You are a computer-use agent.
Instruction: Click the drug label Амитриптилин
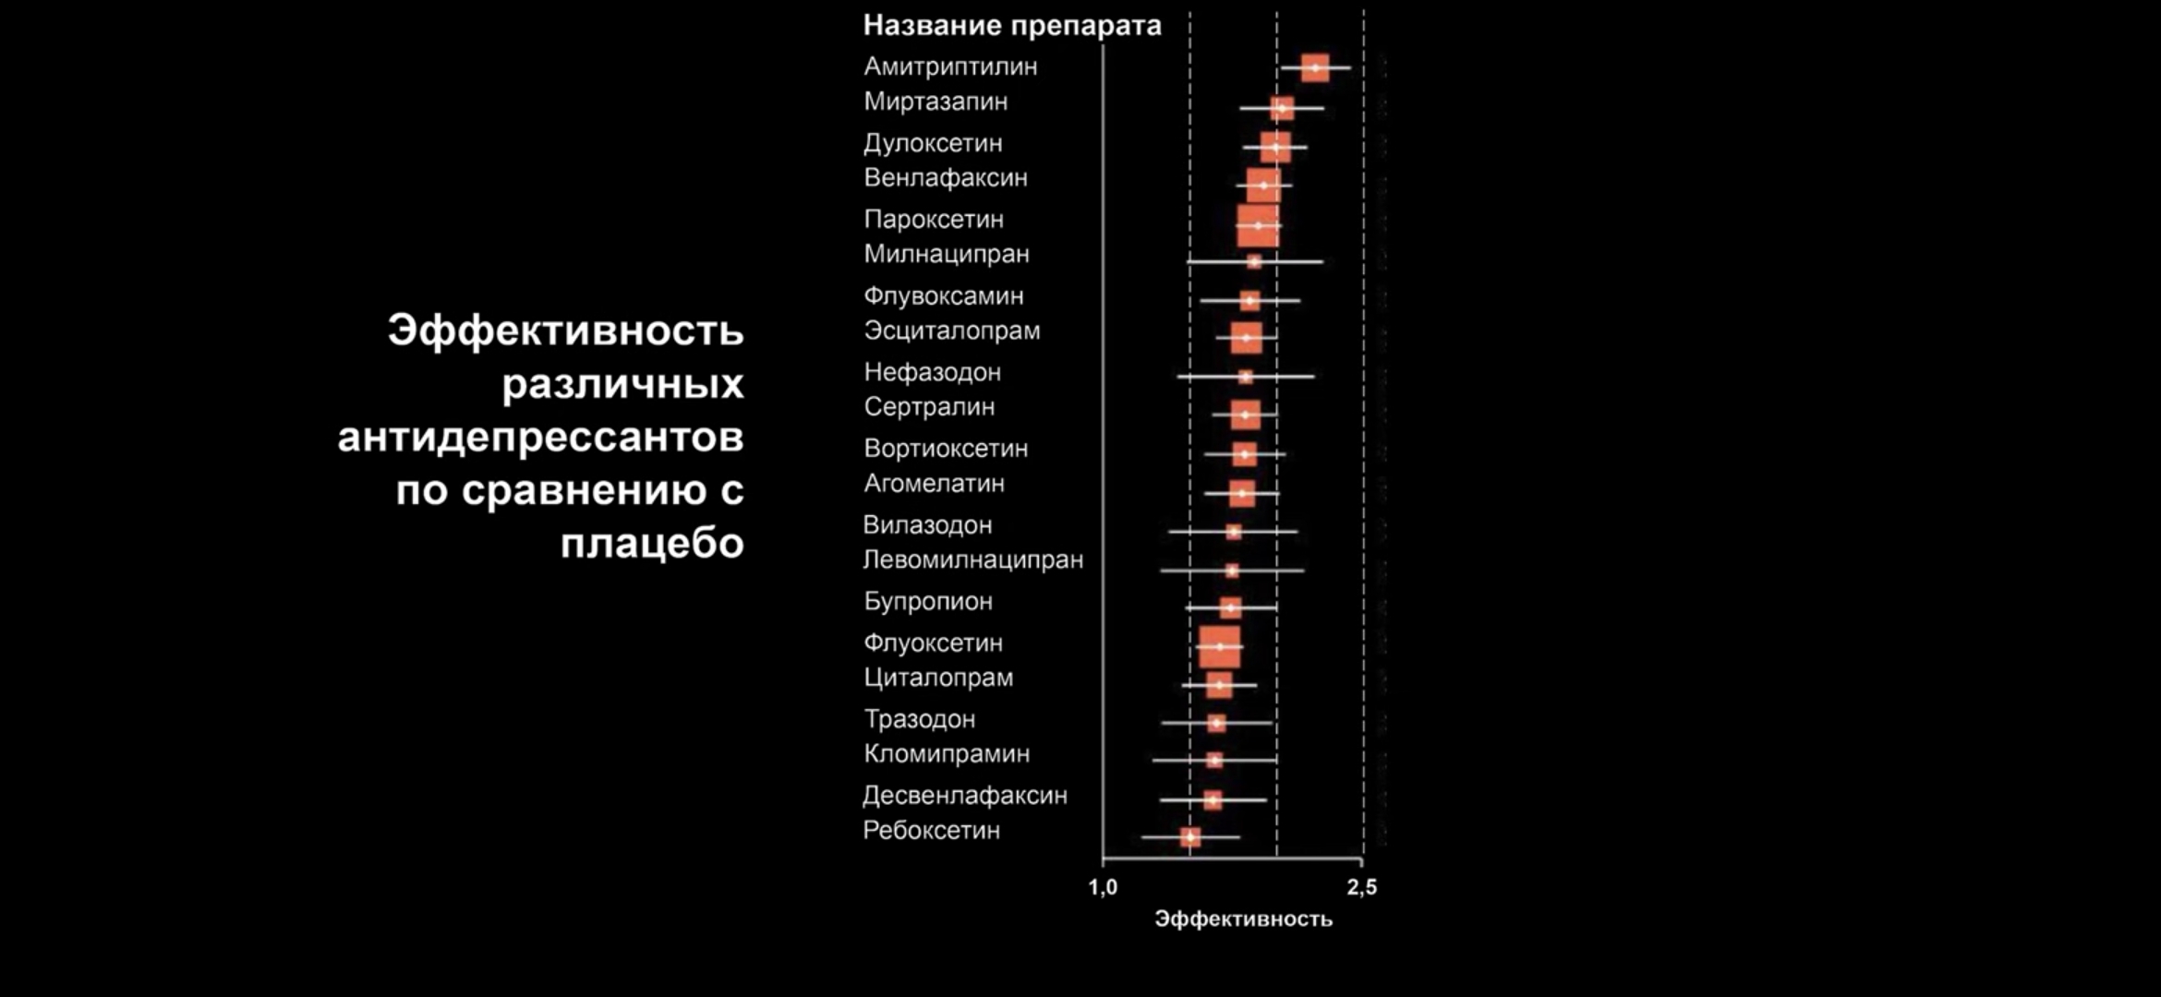pos(950,66)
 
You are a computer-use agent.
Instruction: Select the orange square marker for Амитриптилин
pos(1315,67)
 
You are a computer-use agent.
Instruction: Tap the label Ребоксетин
pos(931,831)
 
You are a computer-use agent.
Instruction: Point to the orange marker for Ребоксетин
pos(1190,837)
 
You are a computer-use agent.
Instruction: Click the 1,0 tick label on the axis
pos(1103,888)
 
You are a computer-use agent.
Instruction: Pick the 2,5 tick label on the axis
pos(1361,888)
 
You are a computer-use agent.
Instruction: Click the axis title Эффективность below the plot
pos(1243,919)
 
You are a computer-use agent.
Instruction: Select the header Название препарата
pos(1012,26)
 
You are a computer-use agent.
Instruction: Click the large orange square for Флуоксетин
pos(1220,646)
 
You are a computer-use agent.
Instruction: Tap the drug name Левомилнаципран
pos(972,560)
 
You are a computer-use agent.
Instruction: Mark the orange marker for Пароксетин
pos(1258,225)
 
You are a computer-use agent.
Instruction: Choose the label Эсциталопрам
pos(951,330)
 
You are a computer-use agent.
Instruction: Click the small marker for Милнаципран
pos(1253,261)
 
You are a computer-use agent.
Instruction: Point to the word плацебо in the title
pos(652,544)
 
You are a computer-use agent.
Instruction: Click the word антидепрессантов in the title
pos(540,437)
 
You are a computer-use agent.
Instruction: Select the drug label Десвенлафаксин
pos(964,796)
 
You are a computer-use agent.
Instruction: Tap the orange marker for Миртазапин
pos(1282,108)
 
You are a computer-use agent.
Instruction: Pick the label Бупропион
pos(928,602)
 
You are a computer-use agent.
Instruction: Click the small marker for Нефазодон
pos(1245,377)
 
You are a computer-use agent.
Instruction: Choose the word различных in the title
pos(622,384)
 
